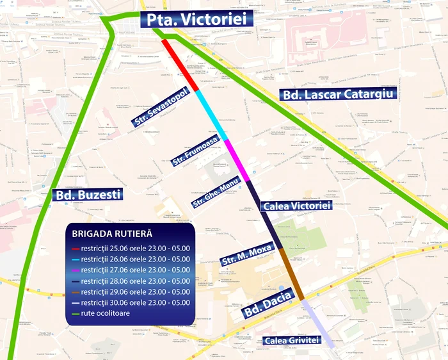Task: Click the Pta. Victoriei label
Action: point(196,19)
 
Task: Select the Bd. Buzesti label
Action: point(87,193)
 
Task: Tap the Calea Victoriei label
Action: point(296,206)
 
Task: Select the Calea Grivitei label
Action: point(291,340)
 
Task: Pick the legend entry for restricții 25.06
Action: point(131,249)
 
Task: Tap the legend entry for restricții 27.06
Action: point(131,270)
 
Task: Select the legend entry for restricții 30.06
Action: point(131,302)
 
